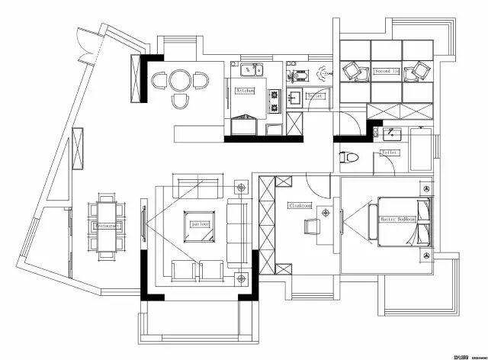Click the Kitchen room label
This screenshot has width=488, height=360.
click(x=245, y=90)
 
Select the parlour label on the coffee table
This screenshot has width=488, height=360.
click(x=201, y=225)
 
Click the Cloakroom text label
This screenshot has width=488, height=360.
click(x=300, y=205)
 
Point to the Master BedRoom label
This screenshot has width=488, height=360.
click(x=398, y=219)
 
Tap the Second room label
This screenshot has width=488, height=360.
click(x=386, y=70)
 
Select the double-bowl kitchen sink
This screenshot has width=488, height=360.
click(x=252, y=71)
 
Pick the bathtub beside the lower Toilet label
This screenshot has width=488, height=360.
click(x=421, y=149)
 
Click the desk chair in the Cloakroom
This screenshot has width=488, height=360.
click(x=312, y=227)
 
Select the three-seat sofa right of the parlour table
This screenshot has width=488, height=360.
click(x=239, y=227)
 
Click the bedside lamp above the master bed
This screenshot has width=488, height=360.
click(x=426, y=188)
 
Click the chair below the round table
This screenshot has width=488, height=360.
click(x=181, y=101)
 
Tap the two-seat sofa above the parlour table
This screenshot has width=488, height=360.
click(x=197, y=185)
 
